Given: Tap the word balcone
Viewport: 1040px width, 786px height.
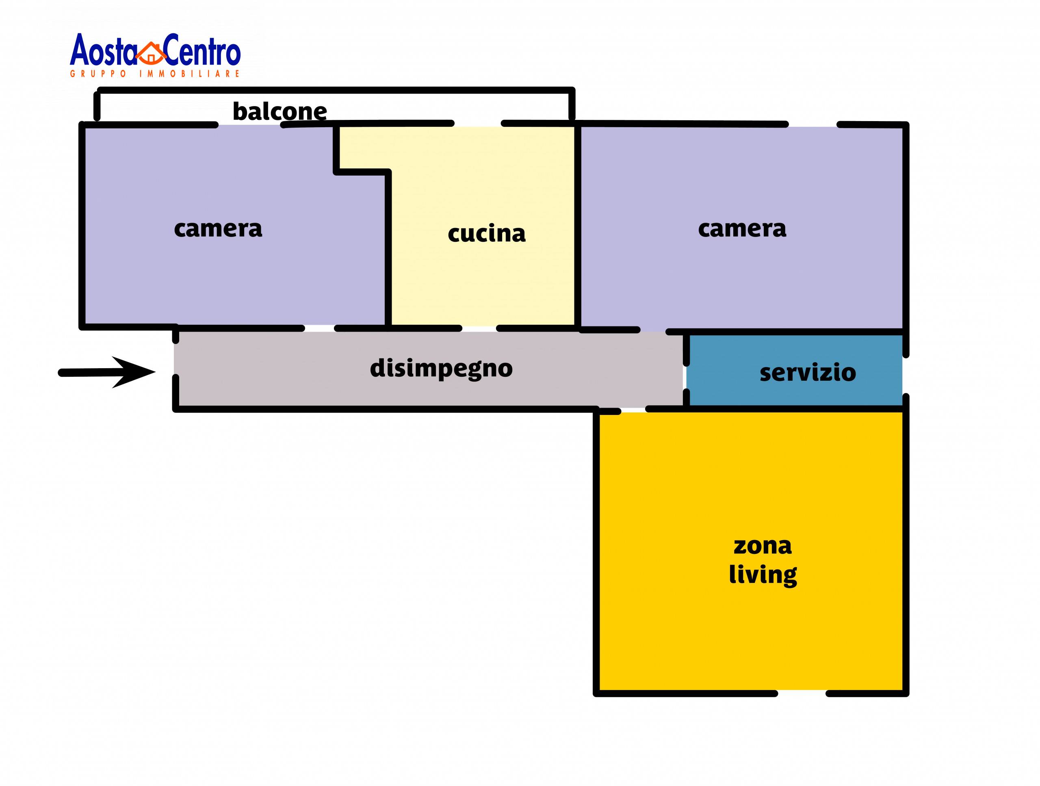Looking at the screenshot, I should tap(280, 111).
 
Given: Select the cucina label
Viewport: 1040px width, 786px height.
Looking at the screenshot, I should tap(486, 234).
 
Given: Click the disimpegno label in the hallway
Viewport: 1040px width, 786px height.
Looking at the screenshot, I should tap(441, 369).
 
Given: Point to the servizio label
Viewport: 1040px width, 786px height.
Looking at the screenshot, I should tap(807, 373).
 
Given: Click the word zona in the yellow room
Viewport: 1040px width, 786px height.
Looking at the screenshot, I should tap(763, 546).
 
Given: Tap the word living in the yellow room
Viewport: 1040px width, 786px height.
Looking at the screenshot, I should tap(763, 575).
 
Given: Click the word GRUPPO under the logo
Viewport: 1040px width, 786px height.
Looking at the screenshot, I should tap(98, 74).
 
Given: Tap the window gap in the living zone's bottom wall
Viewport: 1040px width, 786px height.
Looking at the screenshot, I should tap(801, 693).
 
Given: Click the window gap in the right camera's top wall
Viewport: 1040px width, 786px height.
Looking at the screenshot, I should tap(812, 125).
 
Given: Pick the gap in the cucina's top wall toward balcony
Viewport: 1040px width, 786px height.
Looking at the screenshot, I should tap(478, 124).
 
